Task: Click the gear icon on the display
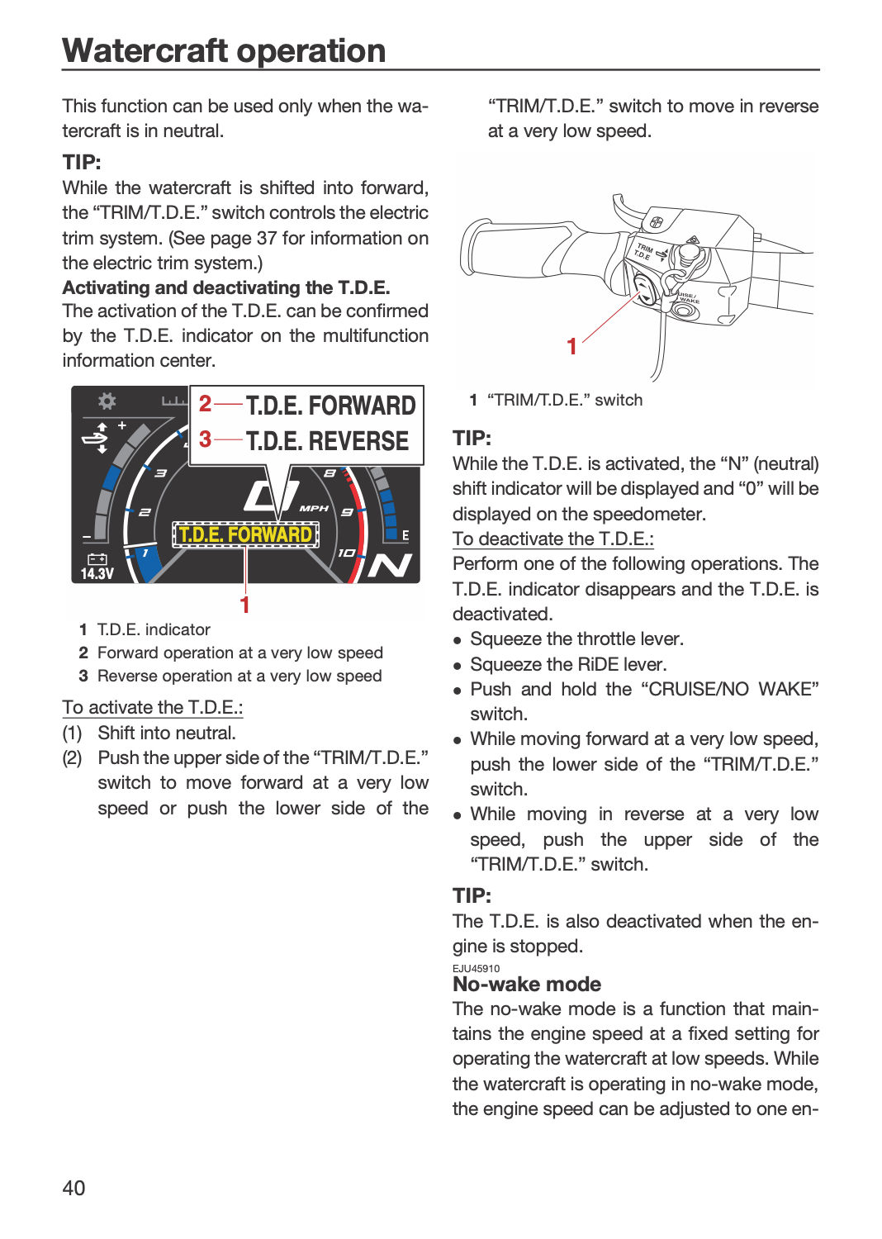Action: (107, 401)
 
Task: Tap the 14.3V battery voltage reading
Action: (97, 573)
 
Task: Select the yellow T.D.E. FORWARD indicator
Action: (245, 535)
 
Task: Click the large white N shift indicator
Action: (390, 565)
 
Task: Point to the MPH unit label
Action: (314, 508)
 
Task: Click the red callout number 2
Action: (205, 404)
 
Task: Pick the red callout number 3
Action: (205, 439)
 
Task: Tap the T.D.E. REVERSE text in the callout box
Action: (327, 441)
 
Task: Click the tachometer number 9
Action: (347, 512)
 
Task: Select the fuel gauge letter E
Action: (405, 535)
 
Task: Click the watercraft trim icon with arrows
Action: (97, 438)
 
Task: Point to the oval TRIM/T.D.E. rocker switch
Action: (643, 290)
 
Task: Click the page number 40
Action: (73, 1188)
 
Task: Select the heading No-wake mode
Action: (526, 984)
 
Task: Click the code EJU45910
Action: (477, 969)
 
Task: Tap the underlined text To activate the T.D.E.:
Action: (153, 707)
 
